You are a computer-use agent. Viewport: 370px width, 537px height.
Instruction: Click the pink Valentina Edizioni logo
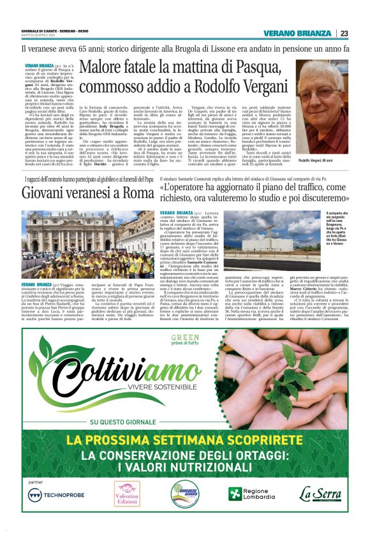tap(126, 494)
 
